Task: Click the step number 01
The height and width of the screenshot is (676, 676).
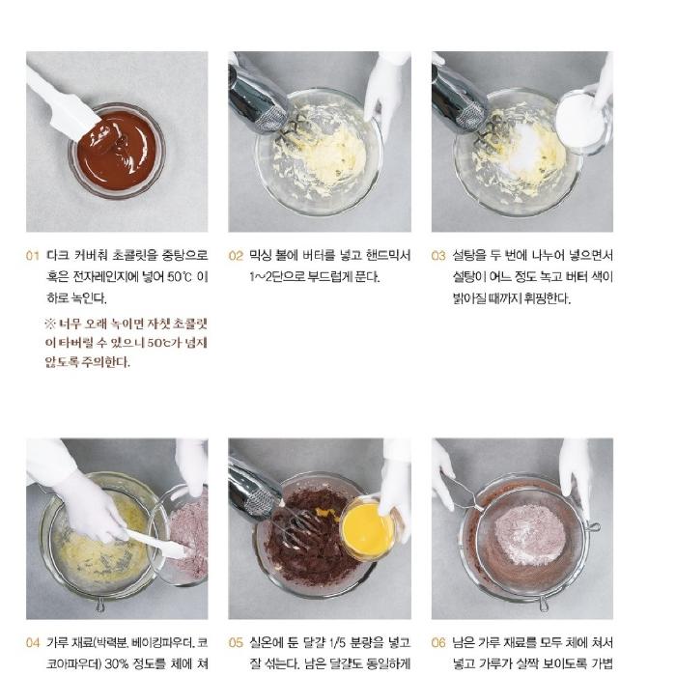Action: coord(33,257)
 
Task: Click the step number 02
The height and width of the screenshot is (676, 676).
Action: coord(236,257)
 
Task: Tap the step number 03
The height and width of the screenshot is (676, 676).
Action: coord(438,257)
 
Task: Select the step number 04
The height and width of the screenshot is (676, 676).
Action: coord(33,642)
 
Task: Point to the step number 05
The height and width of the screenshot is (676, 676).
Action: coord(236,642)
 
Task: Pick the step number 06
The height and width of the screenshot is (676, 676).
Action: coord(438,642)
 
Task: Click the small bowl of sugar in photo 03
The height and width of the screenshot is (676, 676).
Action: coord(581,121)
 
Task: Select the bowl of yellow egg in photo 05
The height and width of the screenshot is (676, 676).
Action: coord(368,529)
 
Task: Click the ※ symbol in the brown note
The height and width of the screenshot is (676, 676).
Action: coord(50,323)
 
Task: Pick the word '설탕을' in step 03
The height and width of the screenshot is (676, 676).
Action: coord(468,257)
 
